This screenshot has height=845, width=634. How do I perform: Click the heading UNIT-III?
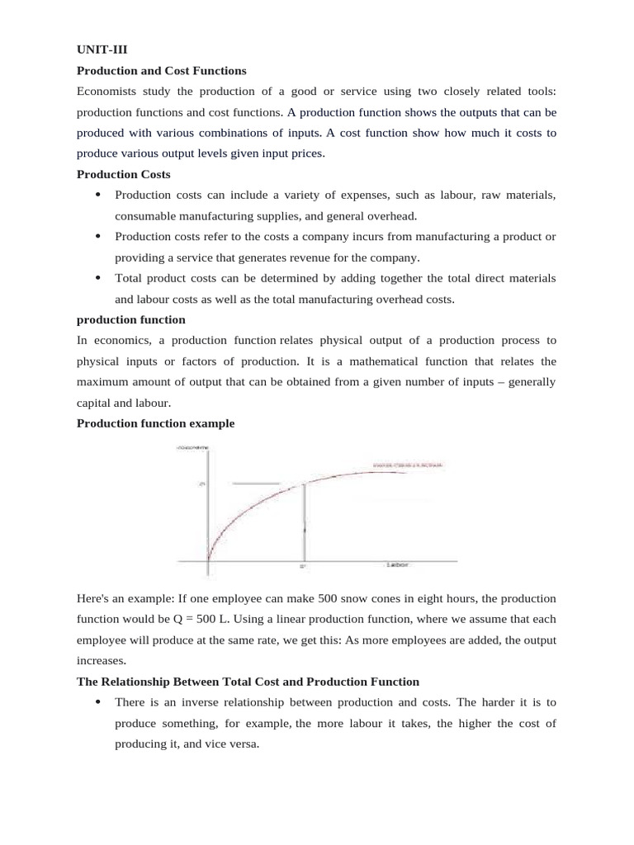(98, 49)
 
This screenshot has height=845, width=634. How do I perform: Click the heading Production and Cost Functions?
(161, 70)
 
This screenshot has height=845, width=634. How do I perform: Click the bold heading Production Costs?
(123, 174)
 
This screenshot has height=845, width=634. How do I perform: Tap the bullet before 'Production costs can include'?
(98, 196)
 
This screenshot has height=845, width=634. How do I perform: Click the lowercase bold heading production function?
(130, 319)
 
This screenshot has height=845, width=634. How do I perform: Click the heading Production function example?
(155, 423)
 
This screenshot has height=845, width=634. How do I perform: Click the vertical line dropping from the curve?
(304, 520)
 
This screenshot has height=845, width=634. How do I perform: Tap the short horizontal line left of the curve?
(258, 484)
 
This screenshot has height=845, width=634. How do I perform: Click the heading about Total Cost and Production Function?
(248, 682)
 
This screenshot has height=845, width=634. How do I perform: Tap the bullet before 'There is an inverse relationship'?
(98, 702)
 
